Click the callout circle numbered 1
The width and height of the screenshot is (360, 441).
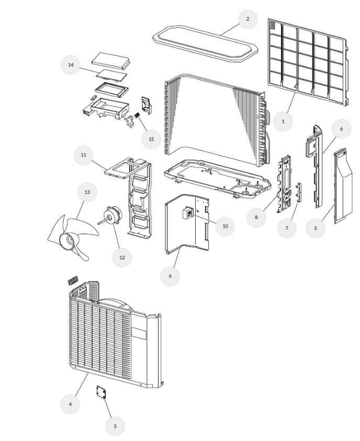click(x=283, y=120)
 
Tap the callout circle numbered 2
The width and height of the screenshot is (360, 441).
click(x=248, y=19)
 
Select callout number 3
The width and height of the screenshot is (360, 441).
click(x=115, y=426)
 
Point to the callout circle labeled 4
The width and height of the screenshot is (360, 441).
click(x=70, y=404)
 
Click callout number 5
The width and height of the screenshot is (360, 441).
click(x=316, y=228)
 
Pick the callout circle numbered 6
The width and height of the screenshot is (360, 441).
click(x=341, y=128)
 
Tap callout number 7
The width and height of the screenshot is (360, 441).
click(x=286, y=228)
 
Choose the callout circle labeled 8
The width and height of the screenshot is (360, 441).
click(x=256, y=216)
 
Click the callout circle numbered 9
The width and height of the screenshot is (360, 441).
click(x=170, y=275)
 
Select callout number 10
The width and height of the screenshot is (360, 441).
click(x=225, y=226)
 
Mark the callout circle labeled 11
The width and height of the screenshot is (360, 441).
click(x=83, y=156)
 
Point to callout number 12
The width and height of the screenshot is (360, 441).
click(x=122, y=257)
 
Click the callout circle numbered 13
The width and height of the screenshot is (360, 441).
click(x=87, y=192)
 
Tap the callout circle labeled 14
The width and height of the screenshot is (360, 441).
click(x=71, y=65)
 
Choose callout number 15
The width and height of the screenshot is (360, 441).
click(x=151, y=139)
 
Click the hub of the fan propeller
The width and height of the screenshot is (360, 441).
click(x=67, y=240)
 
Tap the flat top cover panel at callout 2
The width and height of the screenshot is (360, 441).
click(x=206, y=40)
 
